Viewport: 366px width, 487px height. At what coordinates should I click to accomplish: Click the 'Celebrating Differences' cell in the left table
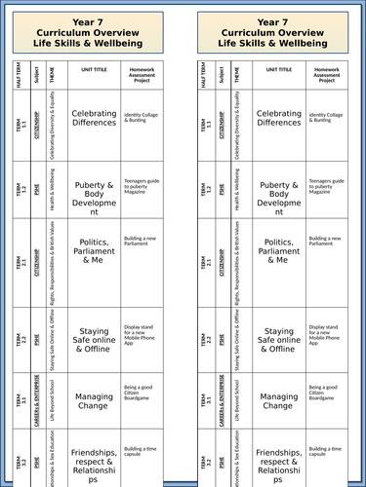click(94, 118)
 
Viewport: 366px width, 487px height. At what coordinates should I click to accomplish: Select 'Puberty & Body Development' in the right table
click(279, 191)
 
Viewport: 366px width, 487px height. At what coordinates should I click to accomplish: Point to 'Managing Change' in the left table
click(94, 401)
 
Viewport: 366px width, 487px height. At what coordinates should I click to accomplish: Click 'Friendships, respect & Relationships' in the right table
click(279, 466)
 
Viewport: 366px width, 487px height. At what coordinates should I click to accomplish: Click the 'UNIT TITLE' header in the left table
click(94, 72)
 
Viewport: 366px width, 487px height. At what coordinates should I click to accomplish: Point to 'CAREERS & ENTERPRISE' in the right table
click(224, 399)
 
